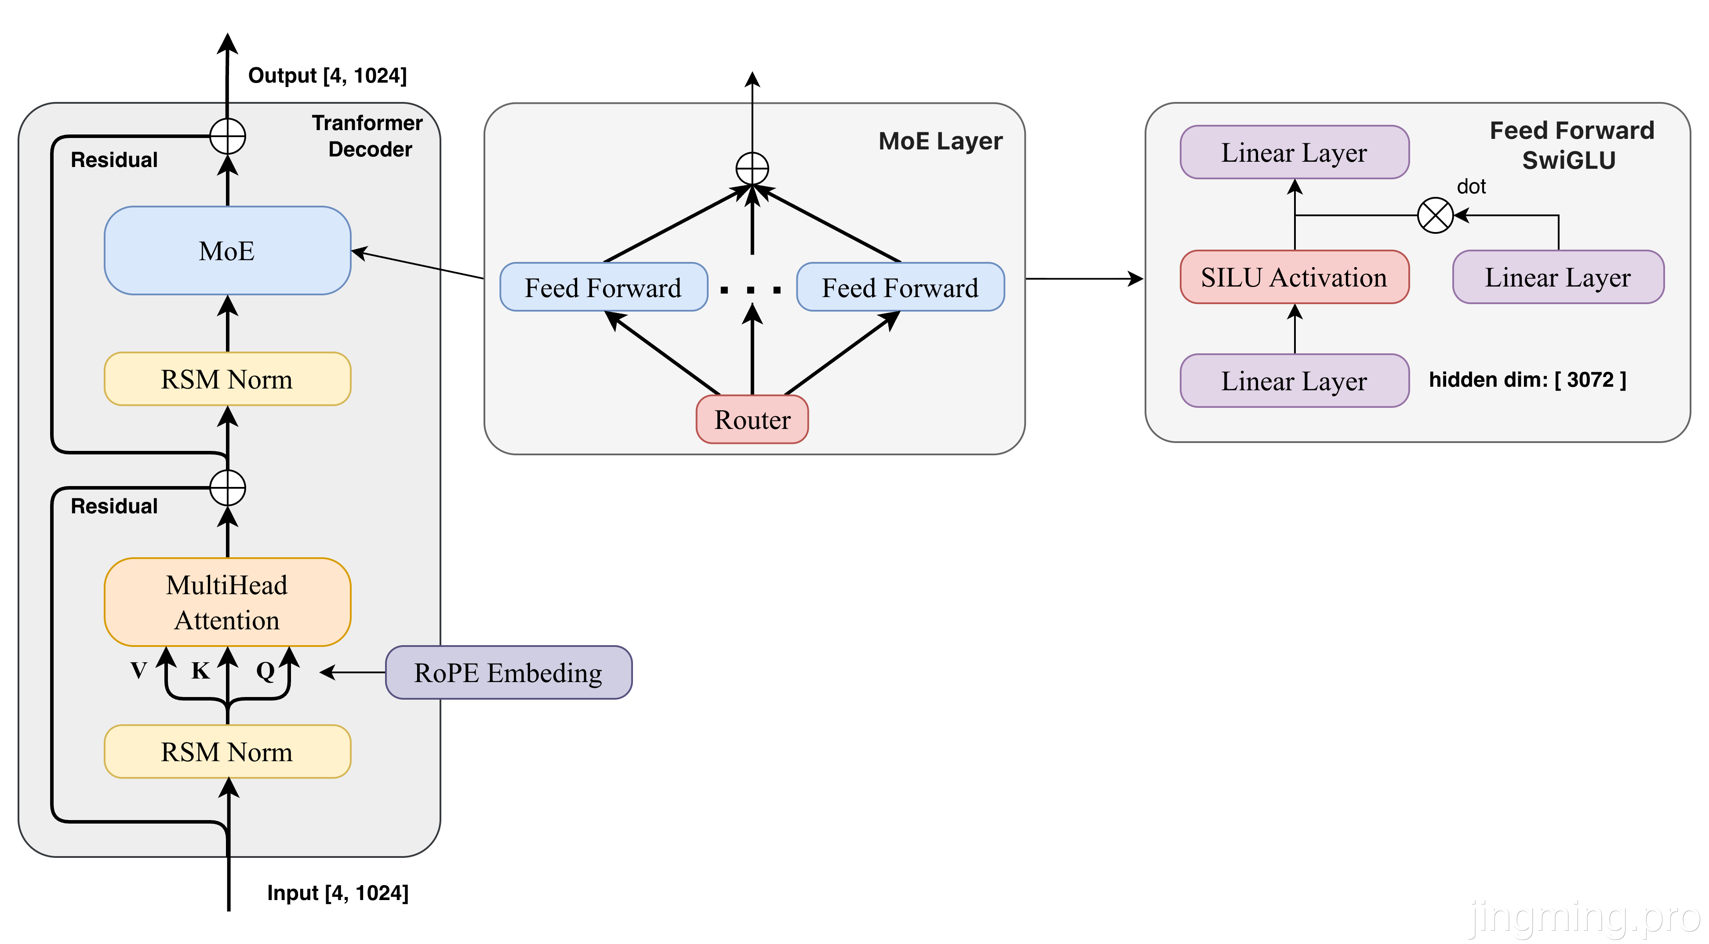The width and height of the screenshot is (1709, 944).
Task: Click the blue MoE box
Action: [x=227, y=251]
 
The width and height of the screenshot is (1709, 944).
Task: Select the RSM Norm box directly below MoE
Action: [x=227, y=379]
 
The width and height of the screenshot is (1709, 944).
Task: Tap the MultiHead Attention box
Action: [x=227, y=603]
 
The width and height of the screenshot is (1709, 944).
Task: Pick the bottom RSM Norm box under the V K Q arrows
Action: [x=227, y=752]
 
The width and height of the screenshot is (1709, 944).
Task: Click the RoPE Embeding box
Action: [x=508, y=673]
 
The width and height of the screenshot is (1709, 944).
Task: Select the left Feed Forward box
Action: [x=603, y=287]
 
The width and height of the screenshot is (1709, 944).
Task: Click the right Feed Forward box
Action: [x=900, y=287]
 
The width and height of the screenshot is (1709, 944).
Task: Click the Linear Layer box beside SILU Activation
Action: [x=1558, y=277]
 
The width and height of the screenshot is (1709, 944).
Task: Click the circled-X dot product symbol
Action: [x=1435, y=216]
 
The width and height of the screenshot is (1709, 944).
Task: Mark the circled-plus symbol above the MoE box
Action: [x=228, y=137]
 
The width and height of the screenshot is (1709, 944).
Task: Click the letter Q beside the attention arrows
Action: [x=265, y=671]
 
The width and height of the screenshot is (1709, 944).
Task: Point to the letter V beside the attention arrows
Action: [x=138, y=671]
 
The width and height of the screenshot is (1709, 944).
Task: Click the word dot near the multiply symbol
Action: [x=1471, y=187]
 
